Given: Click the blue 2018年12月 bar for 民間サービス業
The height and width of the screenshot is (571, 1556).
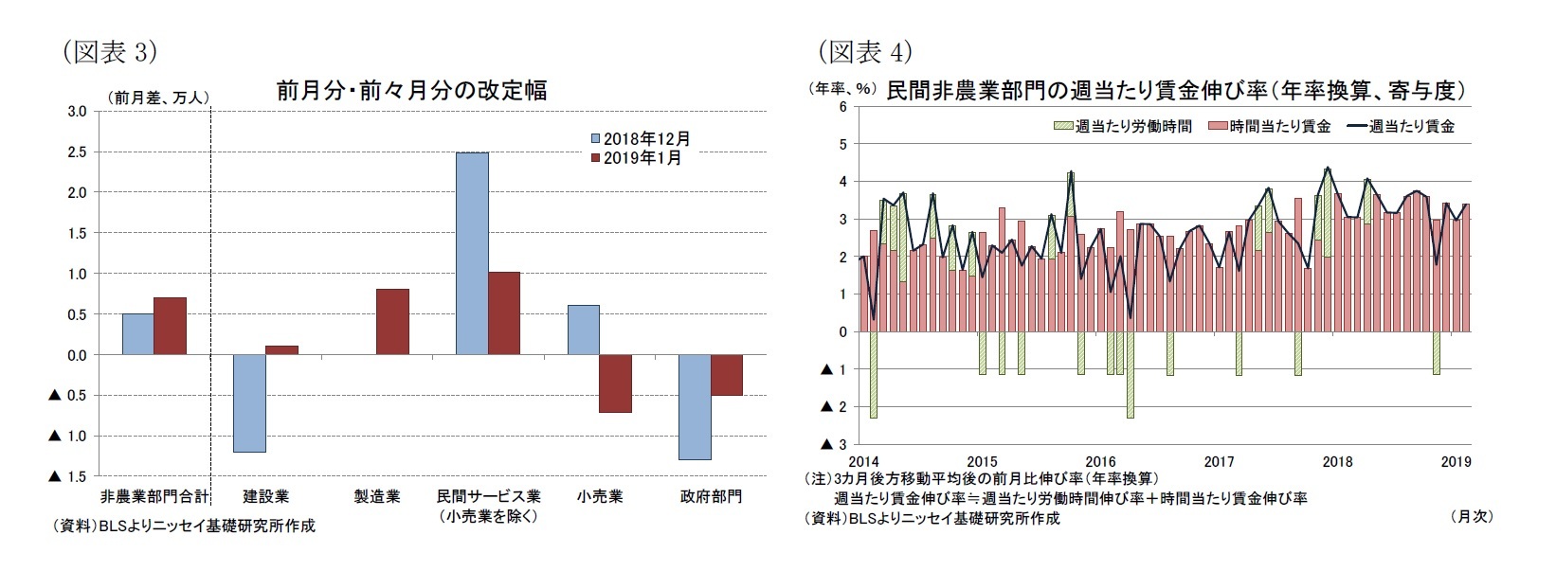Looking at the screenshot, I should coord(472,254).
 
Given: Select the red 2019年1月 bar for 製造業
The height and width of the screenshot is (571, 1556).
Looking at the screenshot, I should coord(392,322).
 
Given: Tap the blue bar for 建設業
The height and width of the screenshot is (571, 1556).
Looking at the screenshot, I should coord(249,403).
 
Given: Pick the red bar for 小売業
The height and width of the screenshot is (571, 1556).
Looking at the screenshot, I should coord(615,384).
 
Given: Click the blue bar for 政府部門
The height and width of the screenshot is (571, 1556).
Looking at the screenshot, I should coord(695,407).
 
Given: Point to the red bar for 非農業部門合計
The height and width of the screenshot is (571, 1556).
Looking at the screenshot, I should coord(171,326).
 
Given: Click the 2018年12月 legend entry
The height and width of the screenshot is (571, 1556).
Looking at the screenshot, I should coord(641,139).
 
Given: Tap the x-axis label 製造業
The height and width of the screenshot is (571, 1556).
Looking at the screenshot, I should coord(376,496).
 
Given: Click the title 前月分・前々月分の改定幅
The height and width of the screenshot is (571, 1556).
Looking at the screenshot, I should coord(411,91).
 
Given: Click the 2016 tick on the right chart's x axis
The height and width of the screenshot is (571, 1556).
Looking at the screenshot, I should coord(1100,461).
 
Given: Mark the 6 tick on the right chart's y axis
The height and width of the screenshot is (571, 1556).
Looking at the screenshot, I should coord(842,107).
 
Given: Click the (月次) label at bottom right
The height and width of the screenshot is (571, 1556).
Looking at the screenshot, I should coord(1472,516).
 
